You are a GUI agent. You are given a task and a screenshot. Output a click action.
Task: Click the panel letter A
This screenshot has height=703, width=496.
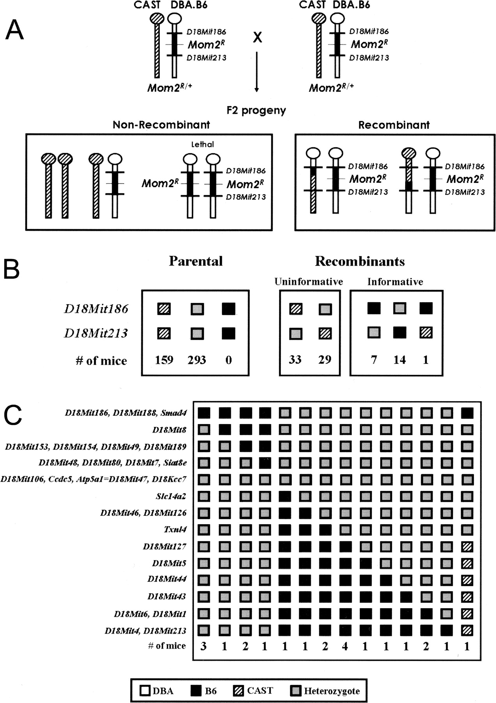pyautogui.click(x=14, y=30)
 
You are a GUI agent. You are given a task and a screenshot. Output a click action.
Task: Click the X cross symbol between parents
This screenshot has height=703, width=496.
pyautogui.click(x=257, y=37)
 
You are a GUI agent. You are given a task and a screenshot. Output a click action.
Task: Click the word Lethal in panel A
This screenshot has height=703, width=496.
pyautogui.click(x=202, y=144)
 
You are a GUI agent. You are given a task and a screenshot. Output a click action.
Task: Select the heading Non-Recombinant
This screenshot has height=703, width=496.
pyautogui.click(x=161, y=125)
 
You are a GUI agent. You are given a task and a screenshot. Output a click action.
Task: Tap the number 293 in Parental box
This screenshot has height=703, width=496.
pyautogui.click(x=197, y=359)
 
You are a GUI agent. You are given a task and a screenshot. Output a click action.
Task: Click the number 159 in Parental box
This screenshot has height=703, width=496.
pyautogui.click(x=164, y=359)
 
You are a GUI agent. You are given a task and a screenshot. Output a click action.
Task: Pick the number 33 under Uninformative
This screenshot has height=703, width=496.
pyautogui.click(x=295, y=359)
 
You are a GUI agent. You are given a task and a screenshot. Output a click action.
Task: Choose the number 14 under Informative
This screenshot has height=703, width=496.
pyautogui.click(x=400, y=359)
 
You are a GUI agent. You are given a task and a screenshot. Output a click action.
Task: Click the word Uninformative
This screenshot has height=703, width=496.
pyautogui.click(x=308, y=282)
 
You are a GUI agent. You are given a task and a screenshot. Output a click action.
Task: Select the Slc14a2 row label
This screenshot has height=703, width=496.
pyautogui.click(x=170, y=496)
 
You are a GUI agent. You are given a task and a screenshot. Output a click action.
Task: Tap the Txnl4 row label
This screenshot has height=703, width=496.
pyautogui.click(x=175, y=530)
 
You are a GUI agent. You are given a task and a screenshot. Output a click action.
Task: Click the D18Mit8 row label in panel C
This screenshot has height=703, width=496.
pyautogui.click(x=169, y=430)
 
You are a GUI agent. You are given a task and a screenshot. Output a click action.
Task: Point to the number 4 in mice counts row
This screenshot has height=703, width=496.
pyautogui.click(x=344, y=646)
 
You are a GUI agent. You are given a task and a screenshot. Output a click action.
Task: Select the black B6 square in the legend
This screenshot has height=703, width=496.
pyautogui.click(x=196, y=691)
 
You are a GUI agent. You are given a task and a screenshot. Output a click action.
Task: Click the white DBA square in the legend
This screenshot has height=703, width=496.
pyautogui.click(x=145, y=691)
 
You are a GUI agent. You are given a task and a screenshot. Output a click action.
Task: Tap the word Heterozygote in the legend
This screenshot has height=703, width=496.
pyautogui.click(x=331, y=691)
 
